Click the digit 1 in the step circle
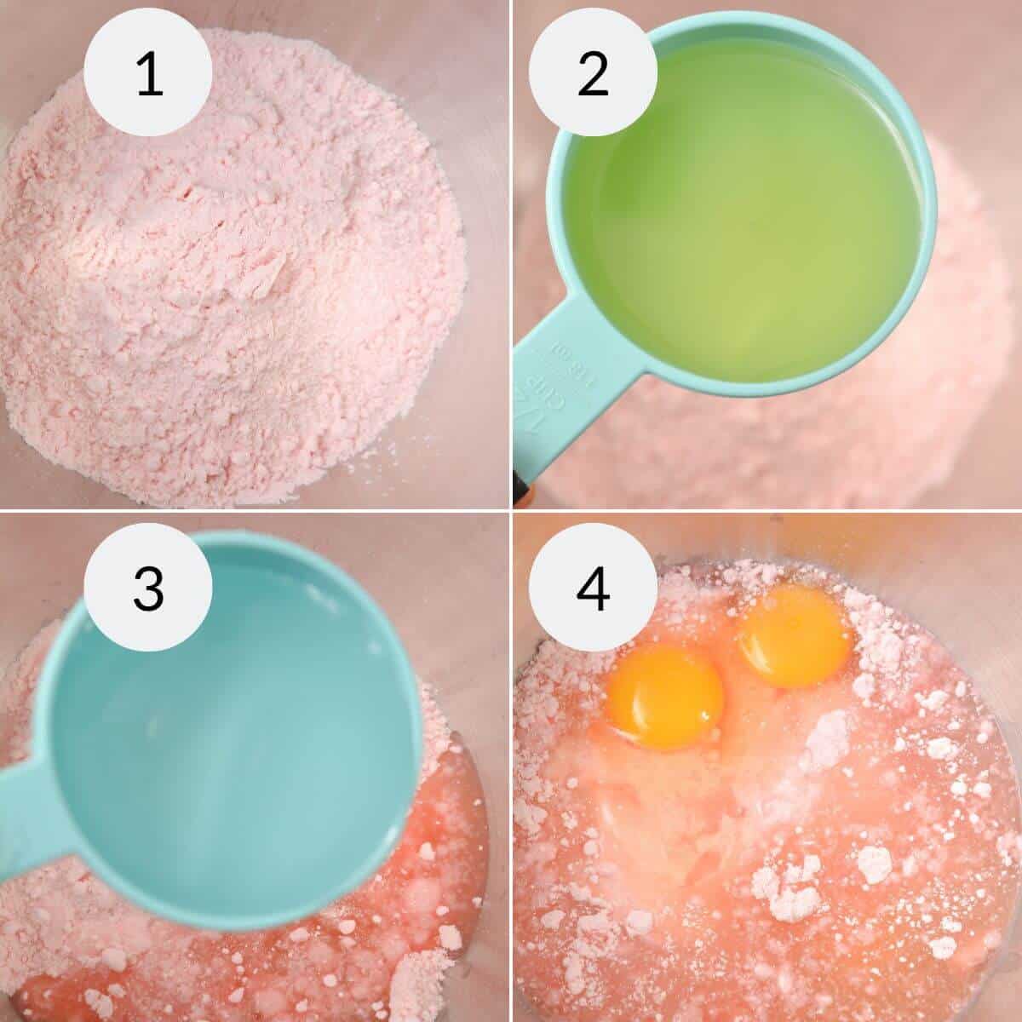149,73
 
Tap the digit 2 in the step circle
593,73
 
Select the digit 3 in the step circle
149,589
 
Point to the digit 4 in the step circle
593,589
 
